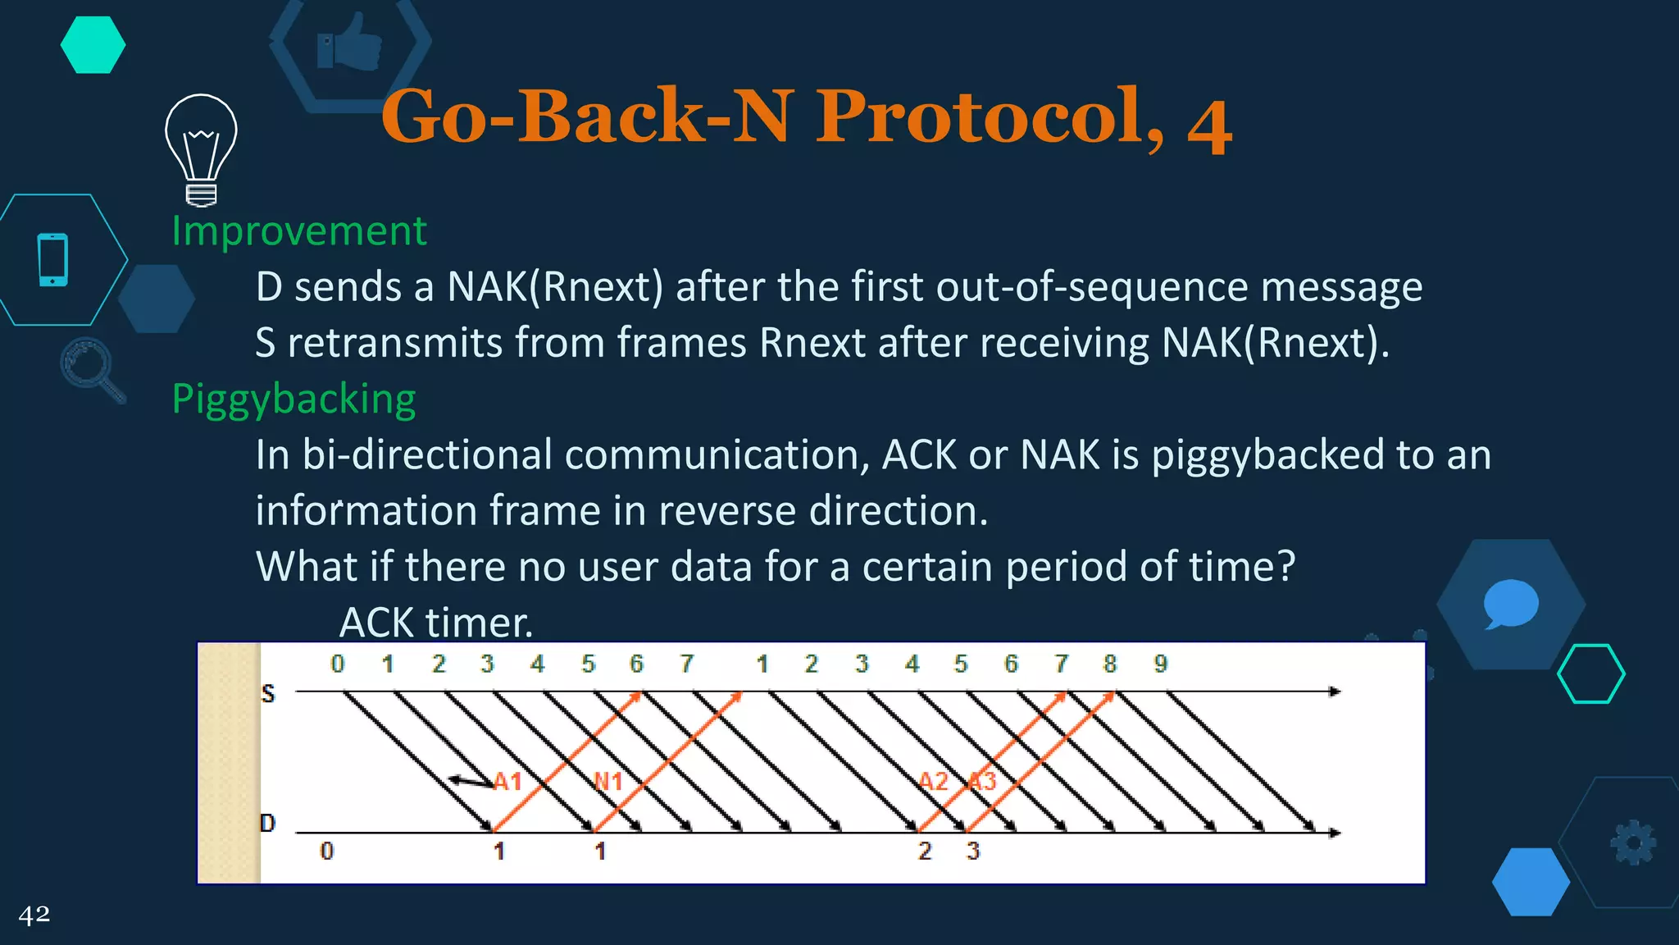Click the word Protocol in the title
pos(990,116)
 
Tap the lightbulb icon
pos(201,148)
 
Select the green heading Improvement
pos(298,231)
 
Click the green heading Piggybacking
pos(293,399)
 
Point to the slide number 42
pos(34,914)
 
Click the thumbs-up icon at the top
pos(350,42)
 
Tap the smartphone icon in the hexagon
pos(53,260)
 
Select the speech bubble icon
pos(1510,604)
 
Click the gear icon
pos(1632,842)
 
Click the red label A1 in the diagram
pos(507,781)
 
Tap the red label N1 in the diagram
pos(607,781)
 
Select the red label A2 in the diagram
pos(933,781)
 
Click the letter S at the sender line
pos(268,694)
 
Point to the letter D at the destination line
pos(267,823)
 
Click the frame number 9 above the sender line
pos(1160,664)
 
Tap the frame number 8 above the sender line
pos(1110,664)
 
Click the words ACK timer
pos(436,623)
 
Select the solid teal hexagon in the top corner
pos(93,45)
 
